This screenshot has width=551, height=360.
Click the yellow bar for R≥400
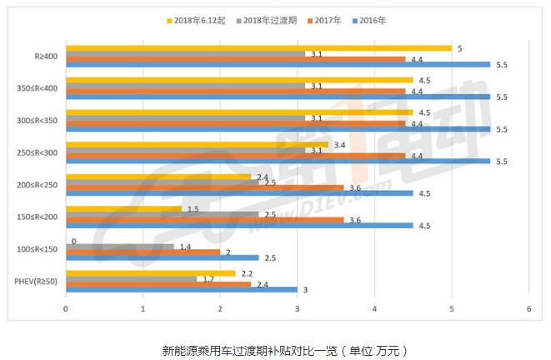coord(258,47)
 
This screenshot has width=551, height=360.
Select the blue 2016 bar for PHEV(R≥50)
coord(181,289)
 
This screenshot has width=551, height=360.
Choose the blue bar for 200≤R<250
coord(239,192)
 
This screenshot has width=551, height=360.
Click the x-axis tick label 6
coord(528,310)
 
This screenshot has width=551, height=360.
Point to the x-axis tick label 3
coord(298,310)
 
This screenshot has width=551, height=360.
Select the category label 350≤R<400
coord(38,88)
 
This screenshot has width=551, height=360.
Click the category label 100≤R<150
coord(38,249)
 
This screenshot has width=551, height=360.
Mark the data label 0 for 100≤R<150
coord(73,241)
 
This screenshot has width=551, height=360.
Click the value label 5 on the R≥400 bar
coord(460,47)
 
